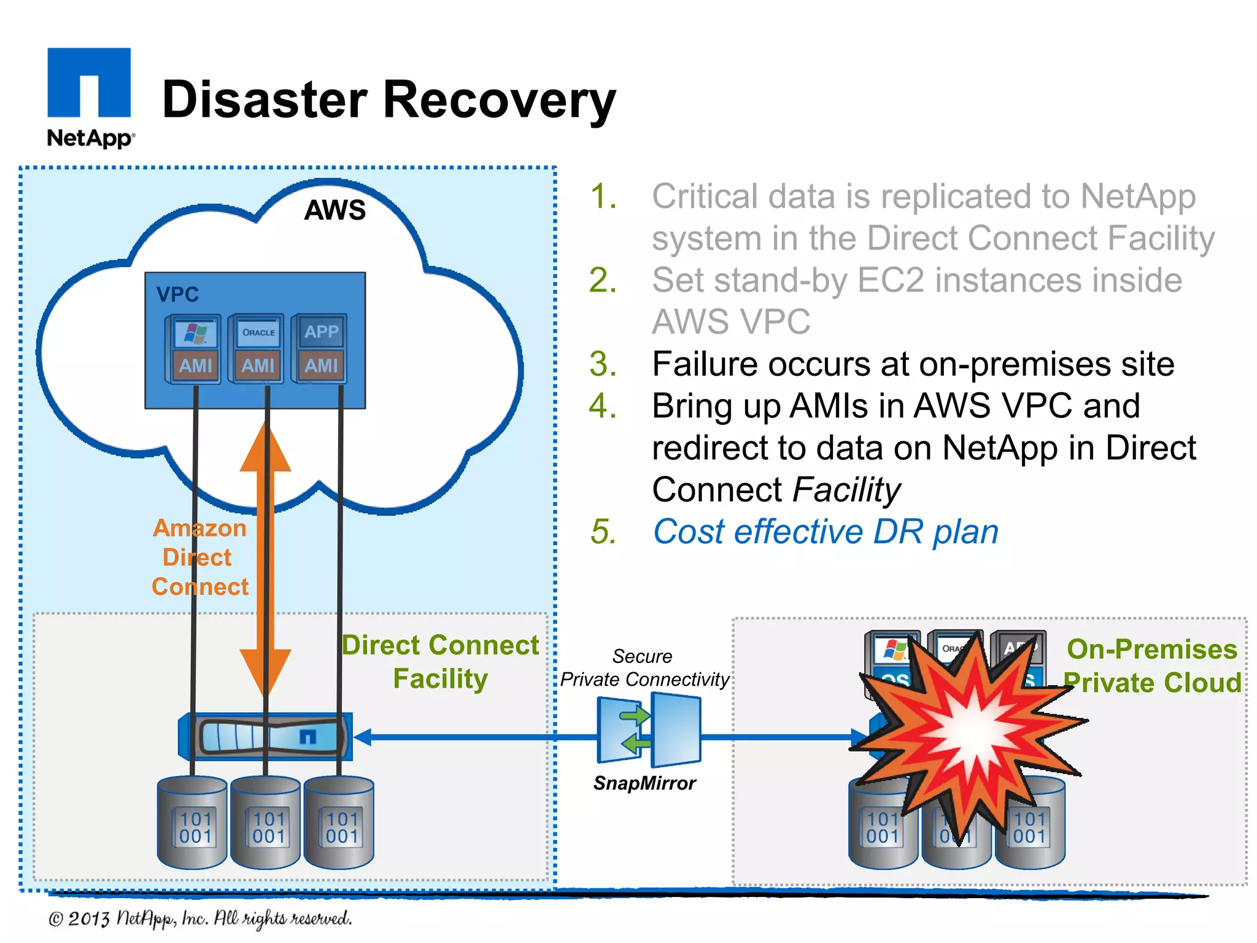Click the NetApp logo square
pyautogui.click(x=89, y=83)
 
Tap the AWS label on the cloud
pyautogui.click(x=335, y=210)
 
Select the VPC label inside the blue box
pyautogui.click(x=177, y=295)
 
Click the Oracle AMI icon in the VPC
pyautogui.click(x=257, y=348)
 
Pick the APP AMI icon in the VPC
pyautogui.click(x=320, y=348)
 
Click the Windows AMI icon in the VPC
pyautogui.click(x=194, y=348)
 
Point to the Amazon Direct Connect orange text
pyautogui.click(x=199, y=557)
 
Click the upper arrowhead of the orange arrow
pyautogui.click(x=265, y=448)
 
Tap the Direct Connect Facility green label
pyautogui.click(x=440, y=662)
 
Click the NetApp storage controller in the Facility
pyautogui.click(x=266, y=736)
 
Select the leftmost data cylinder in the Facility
pyautogui.click(x=193, y=823)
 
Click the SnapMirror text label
pyautogui.click(x=644, y=783)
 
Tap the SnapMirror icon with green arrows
pyautogui.click(x=649, y=731)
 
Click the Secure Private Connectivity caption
pyautogui.click(x=644, y=668)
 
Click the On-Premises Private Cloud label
pyautogui.click(x=1152, y=666)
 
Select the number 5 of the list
pyautogui.click(x=603, y=532)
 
